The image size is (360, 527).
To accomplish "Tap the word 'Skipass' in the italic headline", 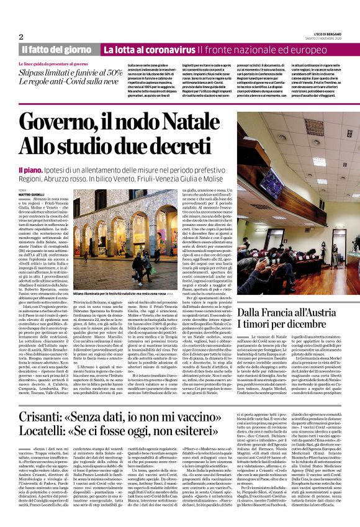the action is point(36,73).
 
